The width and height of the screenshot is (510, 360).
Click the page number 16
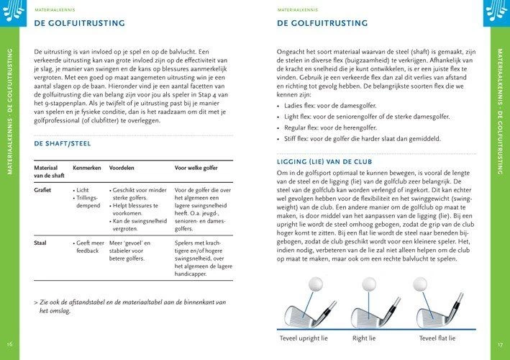pos(9,343)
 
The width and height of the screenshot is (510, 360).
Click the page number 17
pos(499,343)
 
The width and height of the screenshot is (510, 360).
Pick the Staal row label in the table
pos(41,243)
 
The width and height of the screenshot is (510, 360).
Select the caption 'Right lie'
pos(364,338)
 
